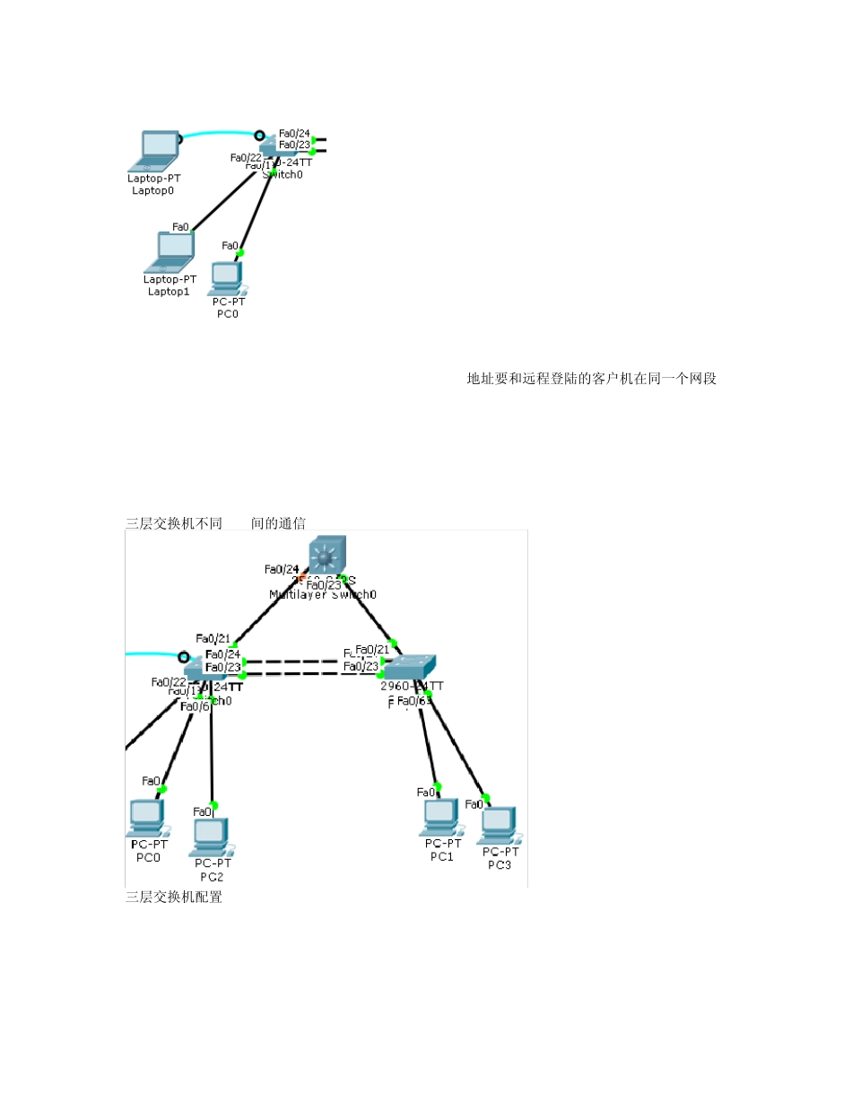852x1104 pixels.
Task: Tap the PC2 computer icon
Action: (209, 836)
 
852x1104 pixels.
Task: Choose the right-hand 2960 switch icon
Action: (408, 665)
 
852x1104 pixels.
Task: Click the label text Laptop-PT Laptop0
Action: (153, 184)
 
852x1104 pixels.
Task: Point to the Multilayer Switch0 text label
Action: (322, 594)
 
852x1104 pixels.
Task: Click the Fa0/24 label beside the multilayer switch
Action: (282, 569)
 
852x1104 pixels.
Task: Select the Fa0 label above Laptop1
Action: (180, 227)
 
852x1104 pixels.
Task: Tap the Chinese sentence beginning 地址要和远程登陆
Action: (591, 379)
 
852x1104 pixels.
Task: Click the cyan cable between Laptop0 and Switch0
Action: (220, 133)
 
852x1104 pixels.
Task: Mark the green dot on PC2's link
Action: (213, 805)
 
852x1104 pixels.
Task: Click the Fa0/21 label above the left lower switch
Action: (213, 638)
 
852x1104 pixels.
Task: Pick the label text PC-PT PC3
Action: (500, 858)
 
